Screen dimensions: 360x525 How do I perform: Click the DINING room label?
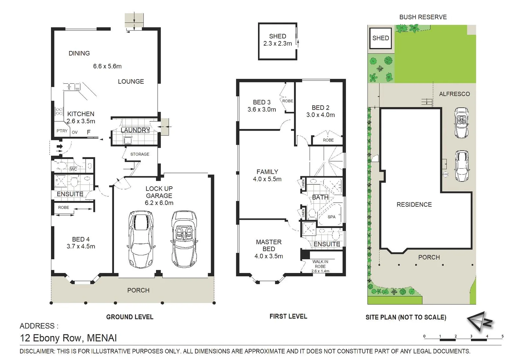click(79, 53)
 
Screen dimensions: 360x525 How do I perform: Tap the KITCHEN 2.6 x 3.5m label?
click(81, 118)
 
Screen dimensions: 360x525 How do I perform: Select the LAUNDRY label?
click(135, 130)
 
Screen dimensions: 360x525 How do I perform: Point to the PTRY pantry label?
click(62, 131)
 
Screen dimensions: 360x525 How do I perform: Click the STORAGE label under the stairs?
click(140, 154)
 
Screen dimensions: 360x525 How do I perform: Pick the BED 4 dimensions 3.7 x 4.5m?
click(81, 247)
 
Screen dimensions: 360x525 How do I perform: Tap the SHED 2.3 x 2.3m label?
click(277, 40)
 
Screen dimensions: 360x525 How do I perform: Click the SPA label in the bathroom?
click(331, 217)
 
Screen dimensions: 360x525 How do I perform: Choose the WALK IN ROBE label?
click(320, 264)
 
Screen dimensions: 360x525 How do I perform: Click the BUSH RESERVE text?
click(423, 17)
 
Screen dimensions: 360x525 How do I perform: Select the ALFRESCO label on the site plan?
click(454, 94)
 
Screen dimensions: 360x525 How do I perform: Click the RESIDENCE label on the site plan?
click(414, 205)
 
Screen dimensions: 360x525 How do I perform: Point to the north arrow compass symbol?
click(480, 321)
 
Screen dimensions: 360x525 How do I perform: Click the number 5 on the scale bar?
click(502, 336)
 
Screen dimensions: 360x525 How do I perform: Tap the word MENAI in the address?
click(102, 338)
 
